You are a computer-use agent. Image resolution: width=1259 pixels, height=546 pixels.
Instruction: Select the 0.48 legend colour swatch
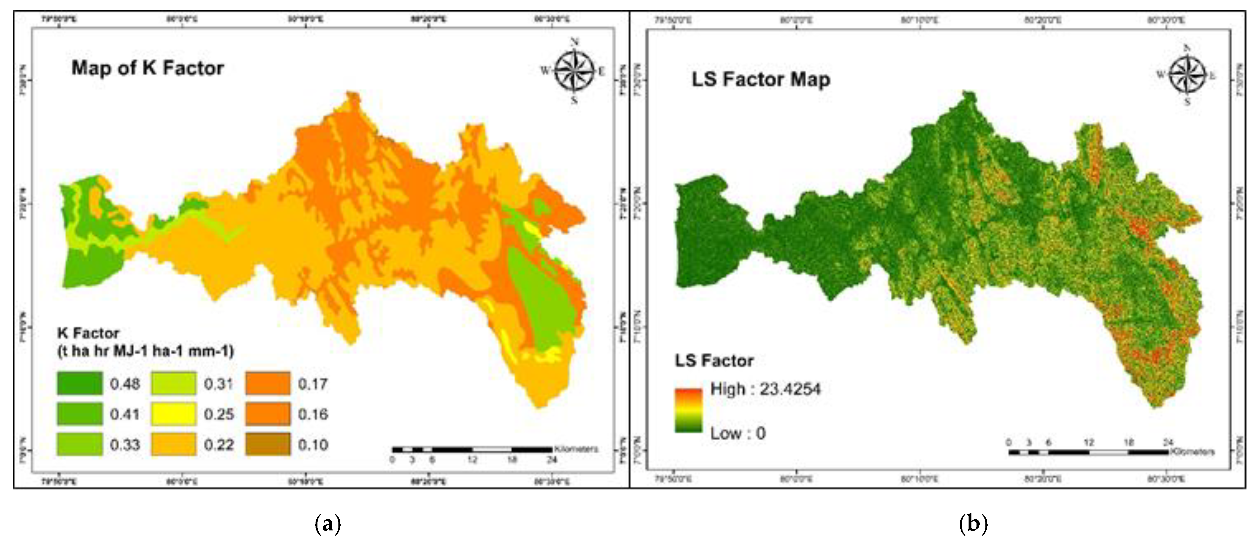click(80, 383)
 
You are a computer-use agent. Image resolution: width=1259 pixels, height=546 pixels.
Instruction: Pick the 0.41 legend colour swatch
click(80, 414)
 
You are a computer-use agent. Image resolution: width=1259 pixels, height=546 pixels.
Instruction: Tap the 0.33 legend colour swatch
click(80, 444)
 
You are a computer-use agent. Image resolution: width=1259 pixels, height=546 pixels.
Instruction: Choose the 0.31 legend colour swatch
click(174, 383)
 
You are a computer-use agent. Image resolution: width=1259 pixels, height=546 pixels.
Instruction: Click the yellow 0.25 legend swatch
click(174, 414)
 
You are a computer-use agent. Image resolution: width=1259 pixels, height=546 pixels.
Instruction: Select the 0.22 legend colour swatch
click(174, 444)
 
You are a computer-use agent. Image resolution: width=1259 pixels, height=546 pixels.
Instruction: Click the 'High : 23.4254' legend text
click(765, 389)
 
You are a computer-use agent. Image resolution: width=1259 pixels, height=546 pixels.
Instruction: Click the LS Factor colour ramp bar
click(688, 410)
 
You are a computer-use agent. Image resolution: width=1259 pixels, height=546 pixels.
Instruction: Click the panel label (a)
click(328, 524)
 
